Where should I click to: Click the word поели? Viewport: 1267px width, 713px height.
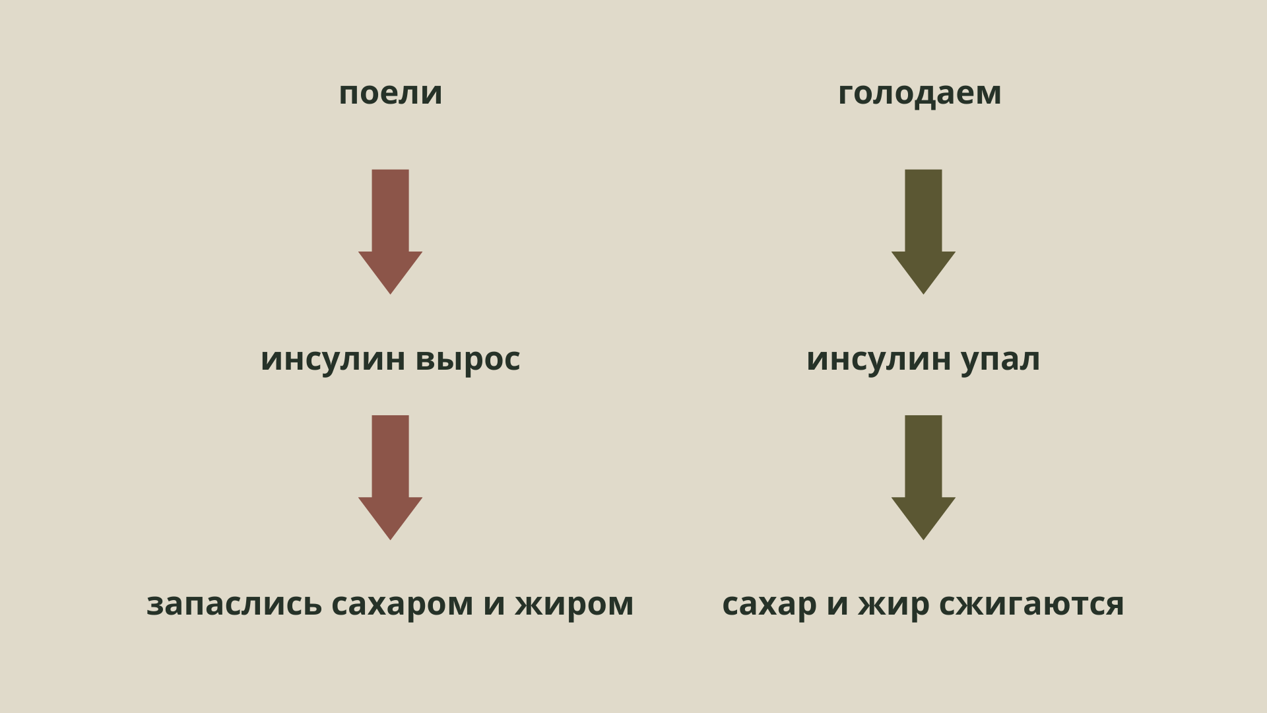[390, 93]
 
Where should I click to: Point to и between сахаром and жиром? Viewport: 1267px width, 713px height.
[494, 604]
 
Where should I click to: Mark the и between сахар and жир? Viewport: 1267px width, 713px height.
[837, 604]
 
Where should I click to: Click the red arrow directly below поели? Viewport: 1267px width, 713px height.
[390, 232]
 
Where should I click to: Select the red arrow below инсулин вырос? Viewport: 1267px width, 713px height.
[390, 477]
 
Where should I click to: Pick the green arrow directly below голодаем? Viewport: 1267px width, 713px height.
[923, 232]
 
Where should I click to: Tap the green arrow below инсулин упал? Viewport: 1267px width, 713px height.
[923, 477]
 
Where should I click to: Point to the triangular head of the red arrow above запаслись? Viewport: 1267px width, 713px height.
[390, 515]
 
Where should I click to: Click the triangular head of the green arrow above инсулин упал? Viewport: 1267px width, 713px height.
[923, 269]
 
